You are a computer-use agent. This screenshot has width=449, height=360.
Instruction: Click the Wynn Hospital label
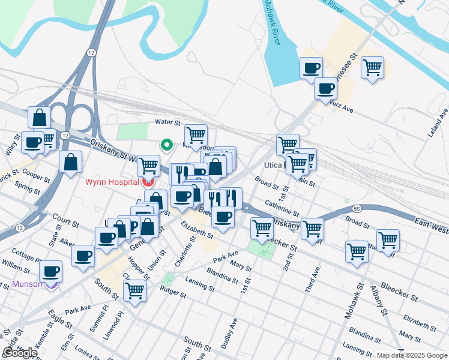pyautogui.click(x=110, y=181)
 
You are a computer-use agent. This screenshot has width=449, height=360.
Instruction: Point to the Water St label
pyautogui.click(x=167, y=122)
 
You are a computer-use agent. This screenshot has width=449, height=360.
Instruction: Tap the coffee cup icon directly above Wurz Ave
pyautogui.click(x=325, y=89)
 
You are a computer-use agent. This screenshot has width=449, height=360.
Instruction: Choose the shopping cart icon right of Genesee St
pyautogui.click(x=372, y=67)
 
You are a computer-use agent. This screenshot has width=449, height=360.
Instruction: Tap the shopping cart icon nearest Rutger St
pyautogui.click(x=135, y=291)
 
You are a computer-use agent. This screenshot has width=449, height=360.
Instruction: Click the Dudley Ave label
pyautogui.click(x=229, y=333)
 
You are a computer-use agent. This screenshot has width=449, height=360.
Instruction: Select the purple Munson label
pyautogui.click(x=28, y=284)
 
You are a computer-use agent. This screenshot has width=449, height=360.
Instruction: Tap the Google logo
pyautogui.click(x=20, y=353)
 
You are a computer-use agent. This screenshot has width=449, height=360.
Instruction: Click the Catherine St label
pyautogui.click(x=282, y=208)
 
